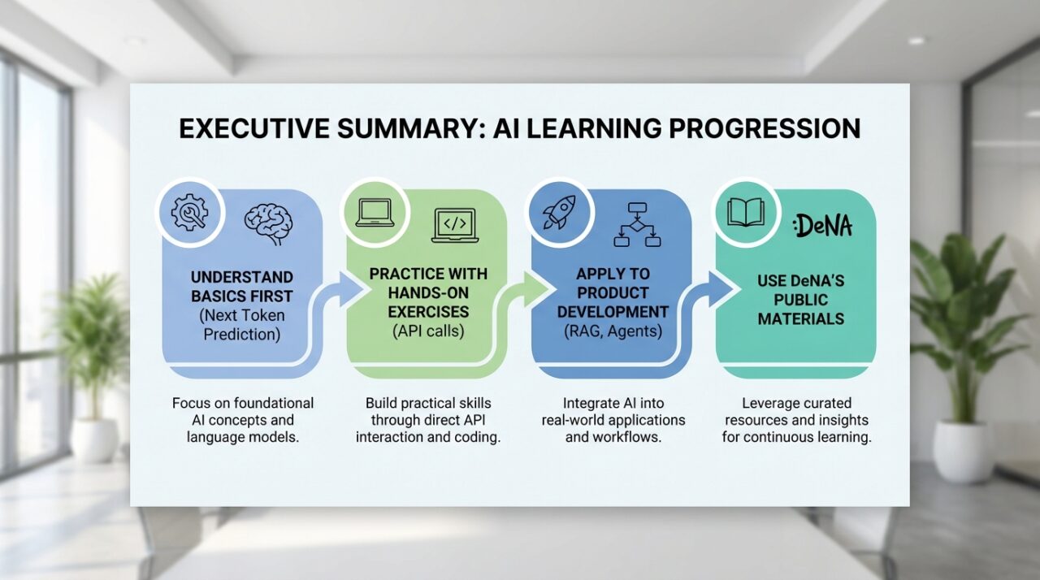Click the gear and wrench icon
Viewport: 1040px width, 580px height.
click(189, 213)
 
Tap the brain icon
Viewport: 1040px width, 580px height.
click(268, 224)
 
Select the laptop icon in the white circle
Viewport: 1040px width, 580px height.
click(375, 213)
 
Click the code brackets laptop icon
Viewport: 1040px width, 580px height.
click(455, 226)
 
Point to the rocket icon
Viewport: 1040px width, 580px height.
click(559, 212)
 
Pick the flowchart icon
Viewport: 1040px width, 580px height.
click(637, 224)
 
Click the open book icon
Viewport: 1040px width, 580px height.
click(746, 213)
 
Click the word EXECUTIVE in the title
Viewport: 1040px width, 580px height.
click(255, 128)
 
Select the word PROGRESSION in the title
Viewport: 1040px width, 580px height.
click(765, 128)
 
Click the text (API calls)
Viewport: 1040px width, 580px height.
click(428, 331)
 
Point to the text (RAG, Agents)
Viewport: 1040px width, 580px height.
click(613, 331)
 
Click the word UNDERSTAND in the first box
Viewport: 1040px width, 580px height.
click(242, 277)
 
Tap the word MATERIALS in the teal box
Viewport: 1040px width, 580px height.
click(801, 318)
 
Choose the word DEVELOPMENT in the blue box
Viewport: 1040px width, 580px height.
click(613, 312)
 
